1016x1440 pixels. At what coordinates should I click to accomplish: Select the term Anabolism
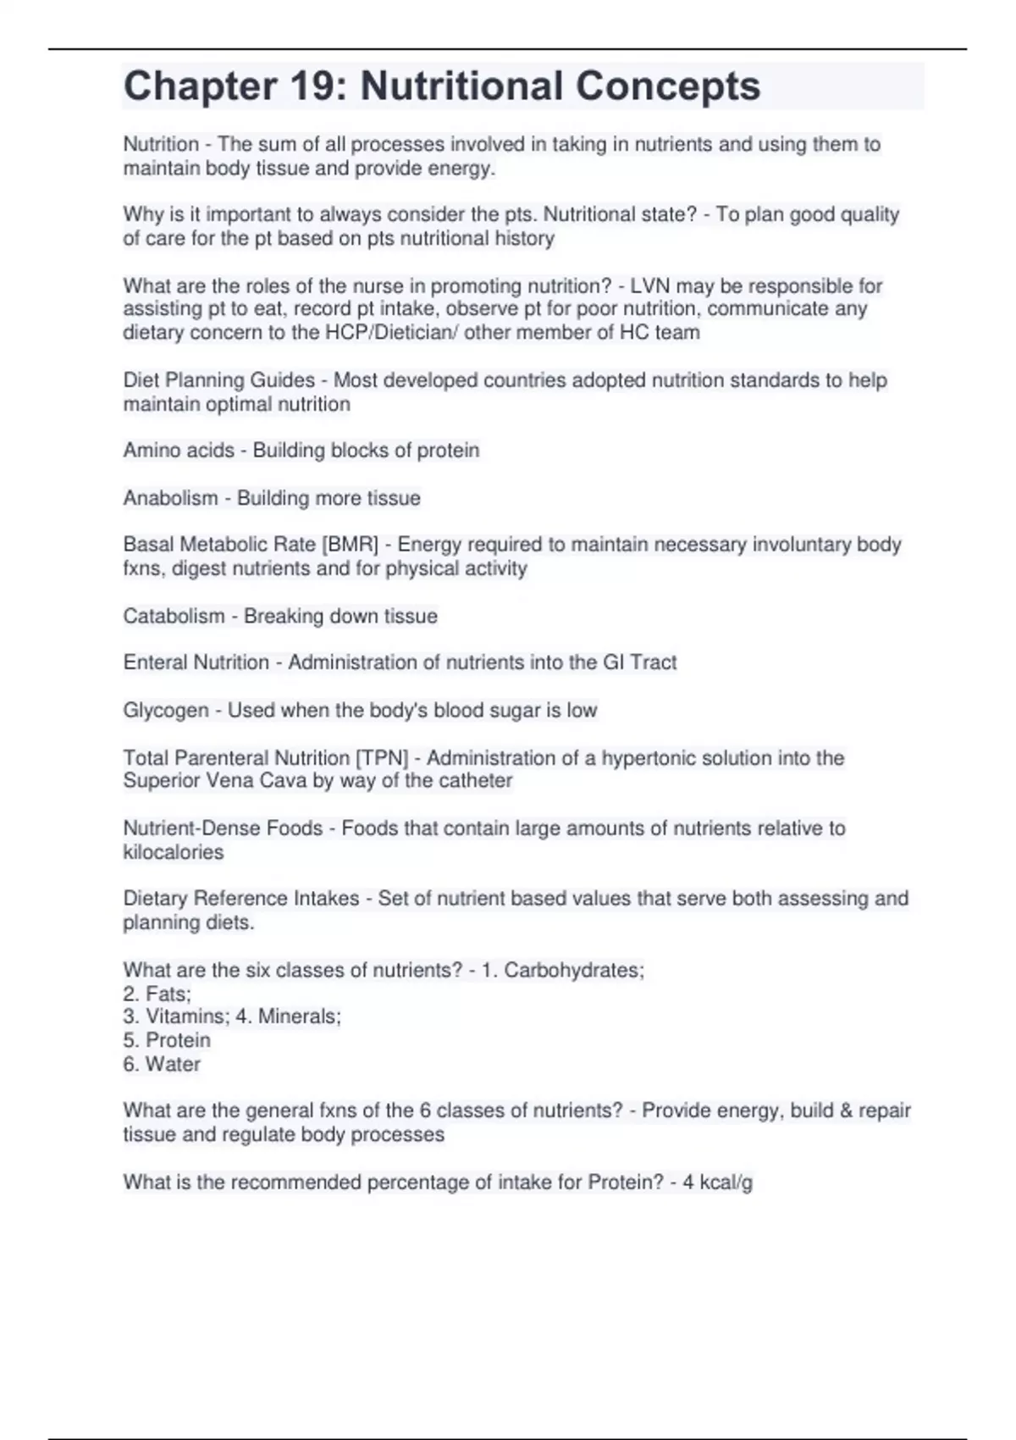170,498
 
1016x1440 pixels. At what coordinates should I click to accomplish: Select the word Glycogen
166,710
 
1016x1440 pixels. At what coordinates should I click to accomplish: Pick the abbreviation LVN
650,286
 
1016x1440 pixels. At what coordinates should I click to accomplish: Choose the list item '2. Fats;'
157,994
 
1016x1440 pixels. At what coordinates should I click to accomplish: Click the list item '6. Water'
162,1064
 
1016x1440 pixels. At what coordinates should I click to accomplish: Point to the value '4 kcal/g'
718,1182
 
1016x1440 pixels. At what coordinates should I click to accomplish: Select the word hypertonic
649,758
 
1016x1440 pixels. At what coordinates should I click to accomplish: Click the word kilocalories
174,852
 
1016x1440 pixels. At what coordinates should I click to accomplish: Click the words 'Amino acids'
179,451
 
